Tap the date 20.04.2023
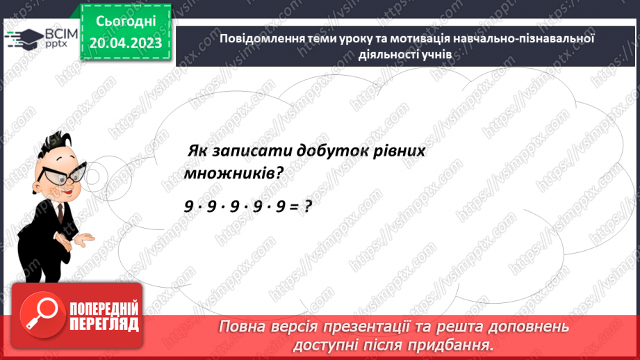tap(125, 42)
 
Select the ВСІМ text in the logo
tap(54, 33)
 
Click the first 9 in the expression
tap(188, 206)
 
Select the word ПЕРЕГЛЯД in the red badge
tap(104, 323)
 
